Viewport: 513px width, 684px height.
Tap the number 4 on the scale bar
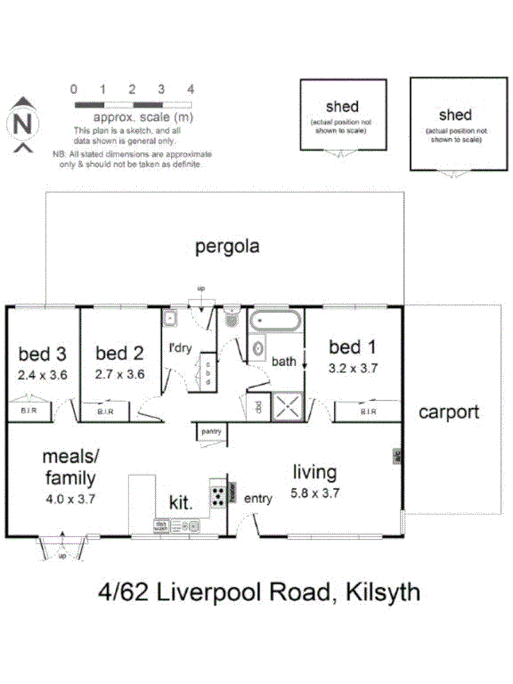coord(190,89)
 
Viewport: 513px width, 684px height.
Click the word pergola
coord(227,246)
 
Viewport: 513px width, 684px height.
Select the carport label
coord(448,412)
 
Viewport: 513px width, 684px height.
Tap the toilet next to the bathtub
coord(232,320)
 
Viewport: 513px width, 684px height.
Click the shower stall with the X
coord(287,406)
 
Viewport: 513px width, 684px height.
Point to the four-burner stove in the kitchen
coord(219,496)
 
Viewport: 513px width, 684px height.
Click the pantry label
coord(211,432)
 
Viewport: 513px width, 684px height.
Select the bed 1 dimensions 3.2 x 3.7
coord(353,367)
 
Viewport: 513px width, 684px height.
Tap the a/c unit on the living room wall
coord(397,456)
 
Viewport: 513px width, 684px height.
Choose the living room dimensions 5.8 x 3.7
coord(315,492)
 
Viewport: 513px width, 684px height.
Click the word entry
coord(258,499)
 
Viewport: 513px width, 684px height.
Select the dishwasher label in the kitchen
coord(161,524)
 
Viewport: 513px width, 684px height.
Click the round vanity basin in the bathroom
coord(258,350)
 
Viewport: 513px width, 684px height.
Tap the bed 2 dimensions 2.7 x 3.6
coord(119,374)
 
